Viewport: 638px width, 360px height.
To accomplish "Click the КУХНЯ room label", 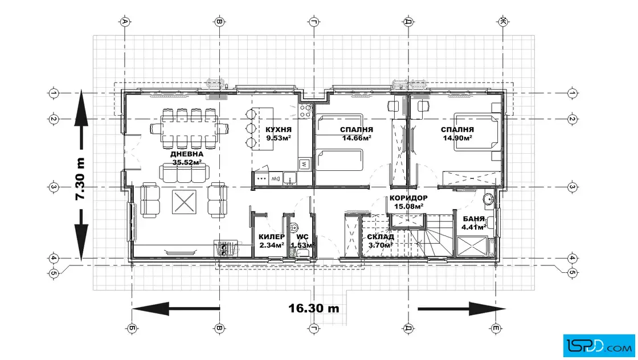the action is pyautogui.click(x=279, y=130).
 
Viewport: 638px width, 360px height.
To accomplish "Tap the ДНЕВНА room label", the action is pyautogui.click(x=187, y=154).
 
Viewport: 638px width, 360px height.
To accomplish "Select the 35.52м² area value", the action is pyautogui.click(x=187, y=162).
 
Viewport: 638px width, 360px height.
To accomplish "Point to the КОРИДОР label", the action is pyautogui.click(x=408, y=198).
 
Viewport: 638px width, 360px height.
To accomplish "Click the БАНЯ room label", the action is pyautogui.click(x=473, y=219).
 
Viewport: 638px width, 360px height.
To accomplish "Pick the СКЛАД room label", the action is pyautogui.click(x=381, y=237).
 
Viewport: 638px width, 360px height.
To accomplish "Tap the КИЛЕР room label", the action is pyautogui.click(x=272, y=237).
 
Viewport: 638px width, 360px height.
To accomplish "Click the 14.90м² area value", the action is pyautogui.click(x=457, y=138).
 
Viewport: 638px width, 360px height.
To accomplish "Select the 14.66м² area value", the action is pyautogui.click(x=357, y=138).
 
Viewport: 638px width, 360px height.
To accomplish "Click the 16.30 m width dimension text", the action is pyautogui.click(x=314, y=308).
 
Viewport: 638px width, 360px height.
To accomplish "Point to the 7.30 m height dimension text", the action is pyautogui.click(x=80, y=179).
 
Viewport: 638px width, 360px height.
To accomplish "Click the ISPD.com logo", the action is pyautogui.click(x=599, y=346).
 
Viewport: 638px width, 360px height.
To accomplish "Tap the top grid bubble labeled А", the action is pyautogui.click(x=125, y=22).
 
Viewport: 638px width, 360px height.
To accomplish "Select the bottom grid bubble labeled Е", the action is pyautogui.click(x=496, y=328).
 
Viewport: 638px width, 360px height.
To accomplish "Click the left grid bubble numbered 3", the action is pyautogui.click(x=54, y=187).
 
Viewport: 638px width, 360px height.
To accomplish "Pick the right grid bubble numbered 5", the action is pyautogui.click(x=572, y=272).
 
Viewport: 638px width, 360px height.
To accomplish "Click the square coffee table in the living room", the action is pyautogui.click(x=184, y=202).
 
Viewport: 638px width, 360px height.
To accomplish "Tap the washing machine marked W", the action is pyautogui.click(x=304, y=165).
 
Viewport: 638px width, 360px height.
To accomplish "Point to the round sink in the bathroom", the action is pyautogui.click(x=489, y=199).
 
